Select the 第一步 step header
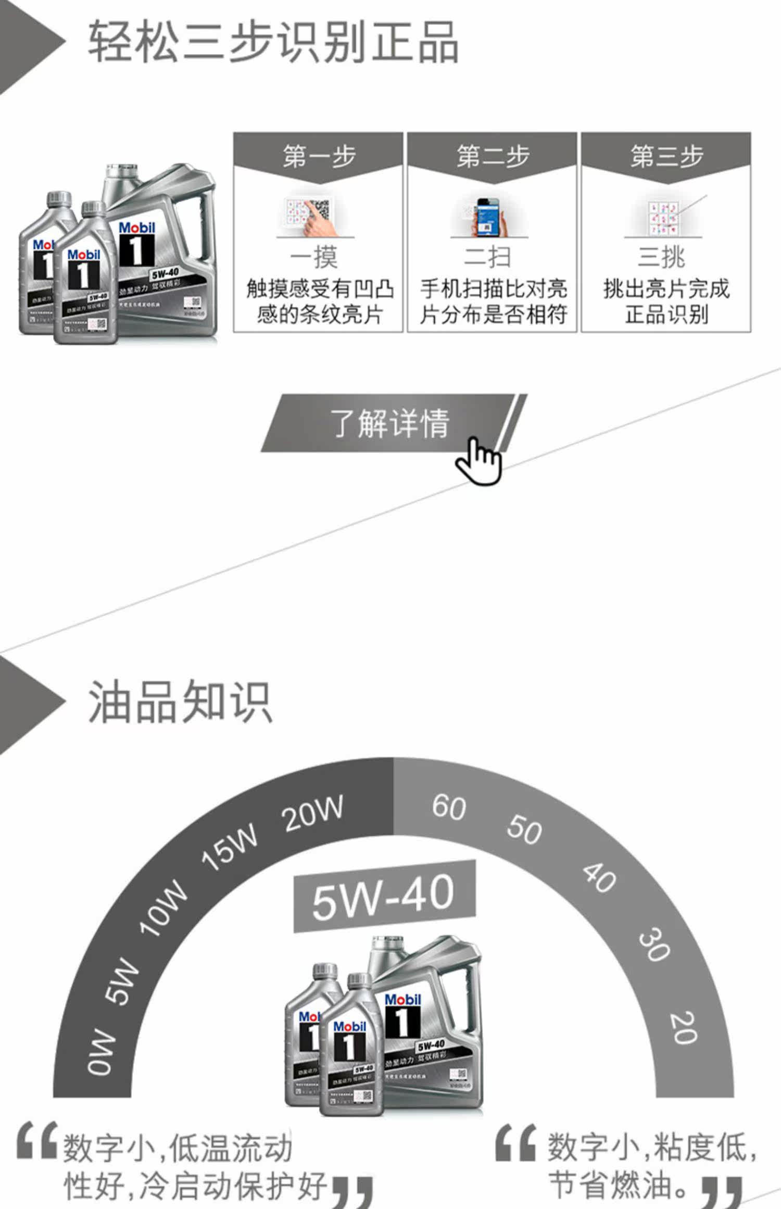click(x=318, y=156)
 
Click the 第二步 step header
click(x=492, y=156)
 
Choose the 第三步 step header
click(x=666, y=156)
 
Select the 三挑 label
click(x=662, y=257)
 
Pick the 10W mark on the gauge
click(x=162, y=909)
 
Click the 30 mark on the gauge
click(x=654, y=944)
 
